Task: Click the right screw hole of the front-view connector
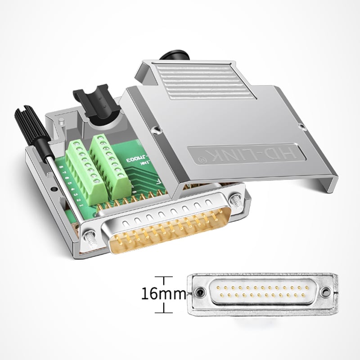tap(324, 292)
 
